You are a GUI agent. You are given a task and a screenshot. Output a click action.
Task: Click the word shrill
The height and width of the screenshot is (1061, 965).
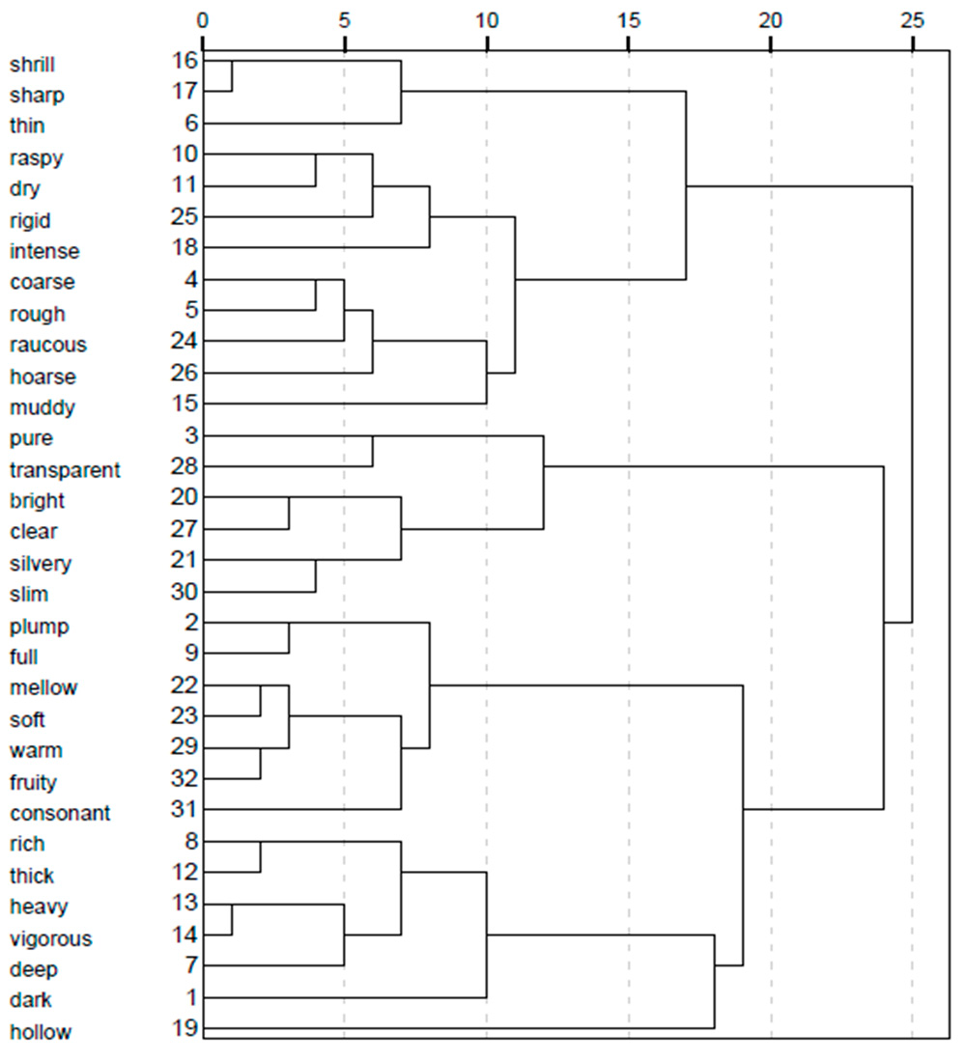[x=32, y=65]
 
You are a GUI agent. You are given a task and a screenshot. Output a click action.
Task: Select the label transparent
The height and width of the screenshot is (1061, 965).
[x=65, y=470]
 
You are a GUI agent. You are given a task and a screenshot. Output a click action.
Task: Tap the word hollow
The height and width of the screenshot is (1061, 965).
[x=40, y=1031]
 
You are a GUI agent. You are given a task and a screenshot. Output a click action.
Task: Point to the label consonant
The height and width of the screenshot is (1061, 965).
[x=59, y=813]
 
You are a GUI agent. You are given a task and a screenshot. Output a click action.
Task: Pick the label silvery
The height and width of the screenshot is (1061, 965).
[x=40, y=563]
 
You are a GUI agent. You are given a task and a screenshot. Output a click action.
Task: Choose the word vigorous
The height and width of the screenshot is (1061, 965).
[x=50, y=938]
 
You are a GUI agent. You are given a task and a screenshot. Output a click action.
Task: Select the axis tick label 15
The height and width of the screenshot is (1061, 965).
[x=628, y=18]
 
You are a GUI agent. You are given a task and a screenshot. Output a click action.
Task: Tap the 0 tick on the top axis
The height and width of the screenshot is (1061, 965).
[x=202, y=18]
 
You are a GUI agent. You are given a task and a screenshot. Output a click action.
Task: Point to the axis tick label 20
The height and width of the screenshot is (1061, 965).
[x=770, y=18]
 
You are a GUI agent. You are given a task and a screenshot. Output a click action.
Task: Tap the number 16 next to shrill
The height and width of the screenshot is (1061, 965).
[x=184, y=62]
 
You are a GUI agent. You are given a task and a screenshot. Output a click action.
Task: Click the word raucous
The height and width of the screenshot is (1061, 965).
[x=47, y=345]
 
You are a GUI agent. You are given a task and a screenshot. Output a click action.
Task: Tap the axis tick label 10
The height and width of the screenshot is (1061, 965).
[x=486, y=18]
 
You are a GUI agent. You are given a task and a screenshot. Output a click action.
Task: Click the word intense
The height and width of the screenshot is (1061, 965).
[x=43, y=251]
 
